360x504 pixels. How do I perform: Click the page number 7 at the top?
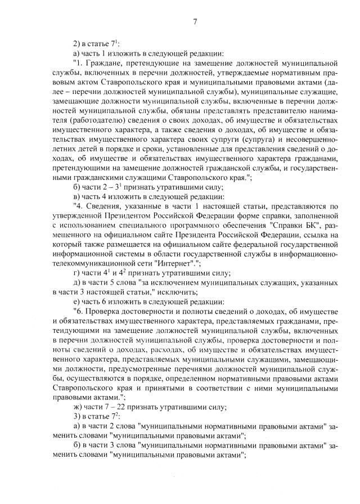click(x=195, y=22)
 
